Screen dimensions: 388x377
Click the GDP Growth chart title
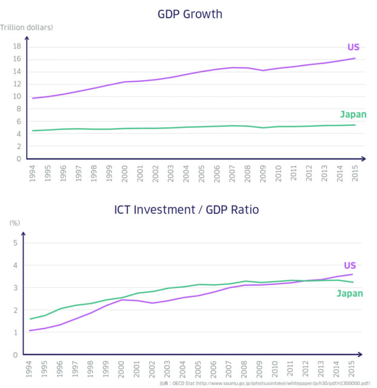189,13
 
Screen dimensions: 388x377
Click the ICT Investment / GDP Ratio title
187,210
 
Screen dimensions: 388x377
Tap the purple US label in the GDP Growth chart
353,47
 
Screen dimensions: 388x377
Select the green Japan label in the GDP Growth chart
353,114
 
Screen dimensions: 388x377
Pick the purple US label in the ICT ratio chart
350,265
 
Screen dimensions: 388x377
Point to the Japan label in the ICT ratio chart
350,293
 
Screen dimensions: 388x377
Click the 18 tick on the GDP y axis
17,47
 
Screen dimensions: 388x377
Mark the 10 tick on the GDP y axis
17,97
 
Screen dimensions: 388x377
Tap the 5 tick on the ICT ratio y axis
16,243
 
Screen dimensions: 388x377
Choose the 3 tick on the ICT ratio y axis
16,288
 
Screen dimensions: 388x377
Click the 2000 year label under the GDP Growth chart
125,174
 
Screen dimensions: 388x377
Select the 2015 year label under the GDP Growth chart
356,174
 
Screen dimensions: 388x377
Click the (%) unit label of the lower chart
15,222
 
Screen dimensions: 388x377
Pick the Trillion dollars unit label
27,27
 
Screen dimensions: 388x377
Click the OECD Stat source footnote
264,383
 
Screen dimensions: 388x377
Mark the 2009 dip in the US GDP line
262,70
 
